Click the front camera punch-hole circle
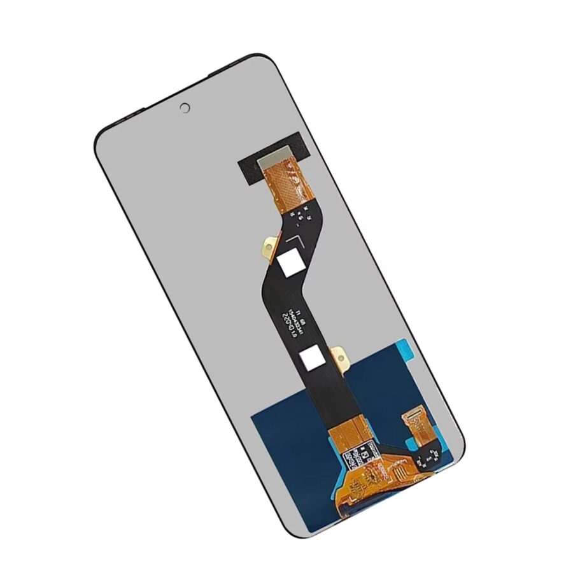[x=185, y=108]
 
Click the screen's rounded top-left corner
[x=105, y=137]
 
